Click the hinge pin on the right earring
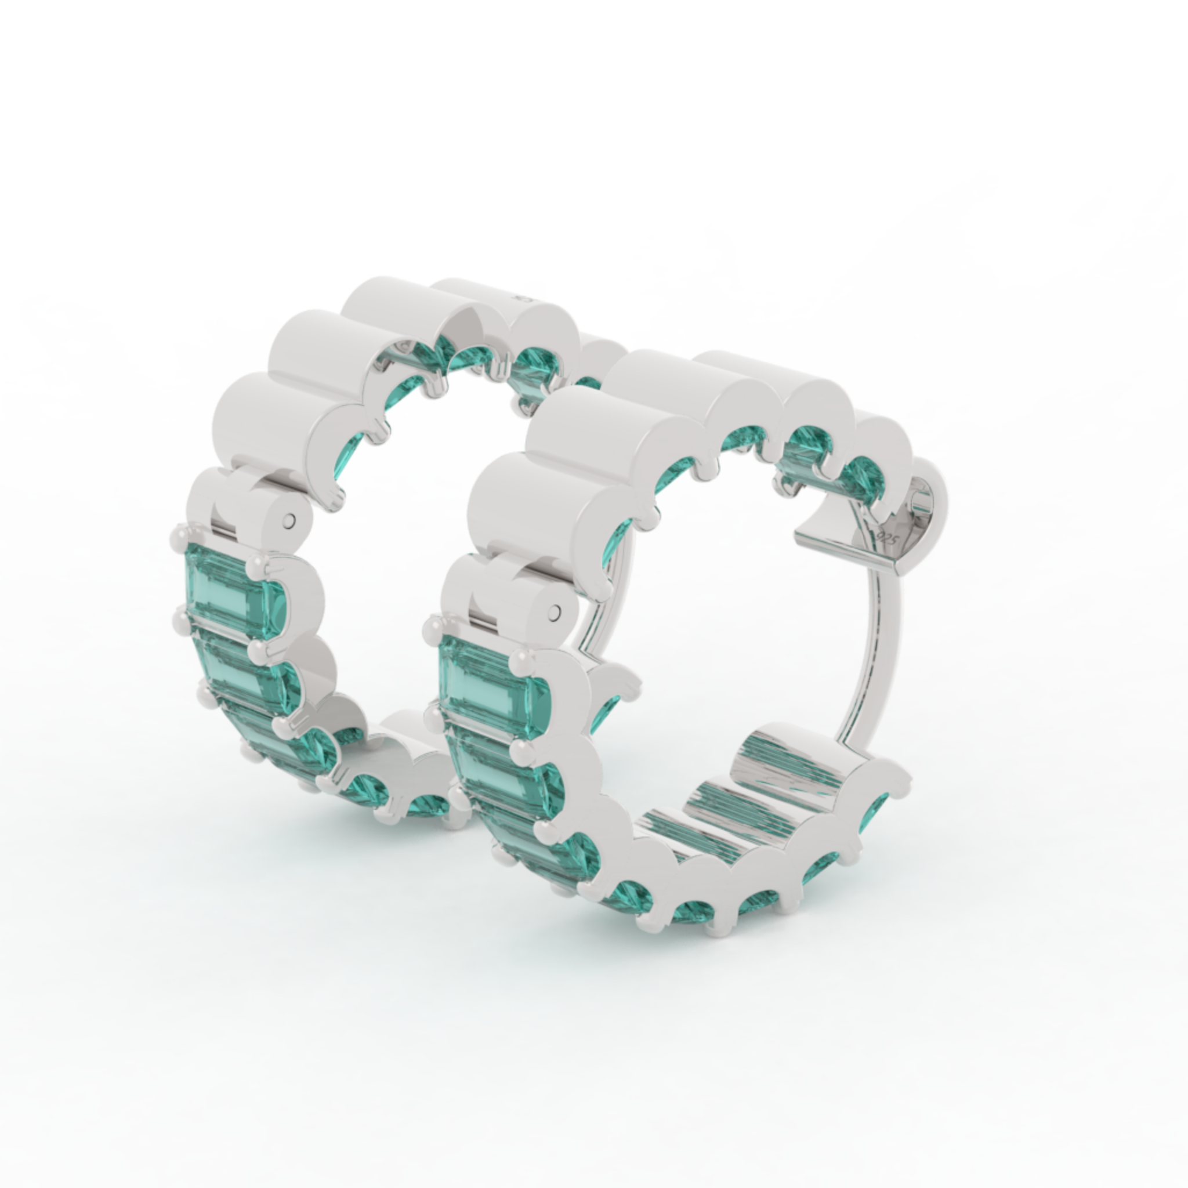coord(556,612)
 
